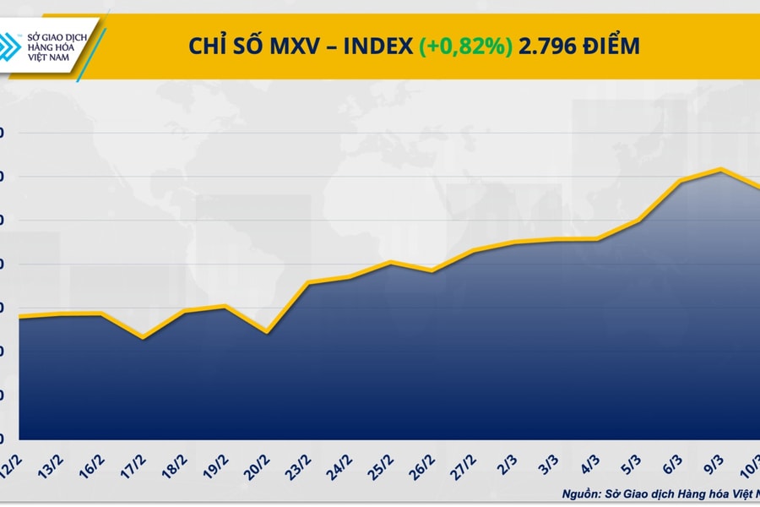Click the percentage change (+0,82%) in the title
[x=465, y=46]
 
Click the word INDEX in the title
[x=377, y=46]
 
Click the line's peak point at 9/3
[x=720, y=169]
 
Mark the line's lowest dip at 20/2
[x=267, y=332]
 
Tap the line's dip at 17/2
[x=143, y=338]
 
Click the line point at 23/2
[x=308, y=282]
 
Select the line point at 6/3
[x=681, y=181]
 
